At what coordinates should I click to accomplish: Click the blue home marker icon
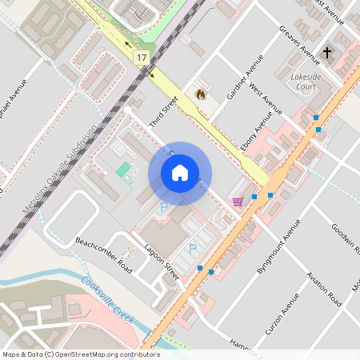pyautogui.click(x=180, y=172)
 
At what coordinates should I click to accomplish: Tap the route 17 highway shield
pyautogui.click(x=142, y=58)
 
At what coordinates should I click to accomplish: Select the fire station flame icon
pyautogui.click(x=200, y=94)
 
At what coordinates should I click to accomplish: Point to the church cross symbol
pyautogui.click(x=326, y=53)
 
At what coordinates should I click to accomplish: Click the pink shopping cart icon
pyautogui.click(x=237, y=201)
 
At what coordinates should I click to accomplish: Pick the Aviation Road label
pyautogui.click(x=325, y=288)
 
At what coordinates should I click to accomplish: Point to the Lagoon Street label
pyautogui.click(x=161, y=261)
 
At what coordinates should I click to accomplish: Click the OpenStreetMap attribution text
pyautogui.click(x=81, y=354)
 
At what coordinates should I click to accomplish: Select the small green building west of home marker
pyautogui.click(x=123, y=170)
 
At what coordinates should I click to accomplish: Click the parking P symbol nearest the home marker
pyautogui.click(x=164, y=207)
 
